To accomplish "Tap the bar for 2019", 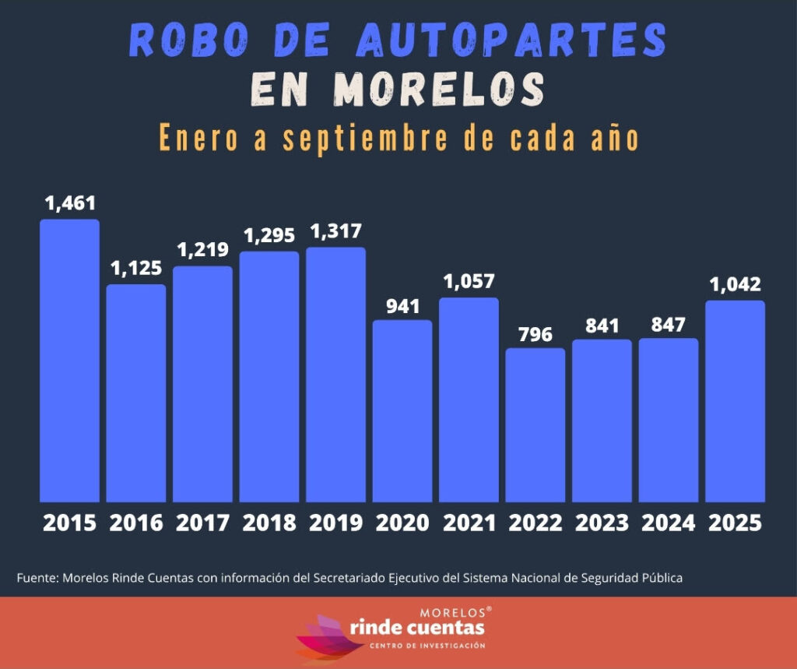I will click(x=335, y=375).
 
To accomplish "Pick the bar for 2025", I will click(x=735, y=401).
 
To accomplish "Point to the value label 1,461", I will click(x=70, y=204).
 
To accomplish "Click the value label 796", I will click(x=535, y=335).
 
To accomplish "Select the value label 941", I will click(x=402, y=306).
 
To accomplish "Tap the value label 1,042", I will click(x=735, y=285).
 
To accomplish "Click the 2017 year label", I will click(x=202, y=523).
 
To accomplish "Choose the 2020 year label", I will click(x=402, y=523).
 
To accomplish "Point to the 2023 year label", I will click(x=602, y=523).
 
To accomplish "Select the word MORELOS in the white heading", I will click(x=434, y=90).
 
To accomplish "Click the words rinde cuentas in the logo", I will click(x=417, y=627).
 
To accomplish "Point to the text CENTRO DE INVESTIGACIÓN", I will click(x=427, y=646).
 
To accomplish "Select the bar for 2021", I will click(x=469, y=400).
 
